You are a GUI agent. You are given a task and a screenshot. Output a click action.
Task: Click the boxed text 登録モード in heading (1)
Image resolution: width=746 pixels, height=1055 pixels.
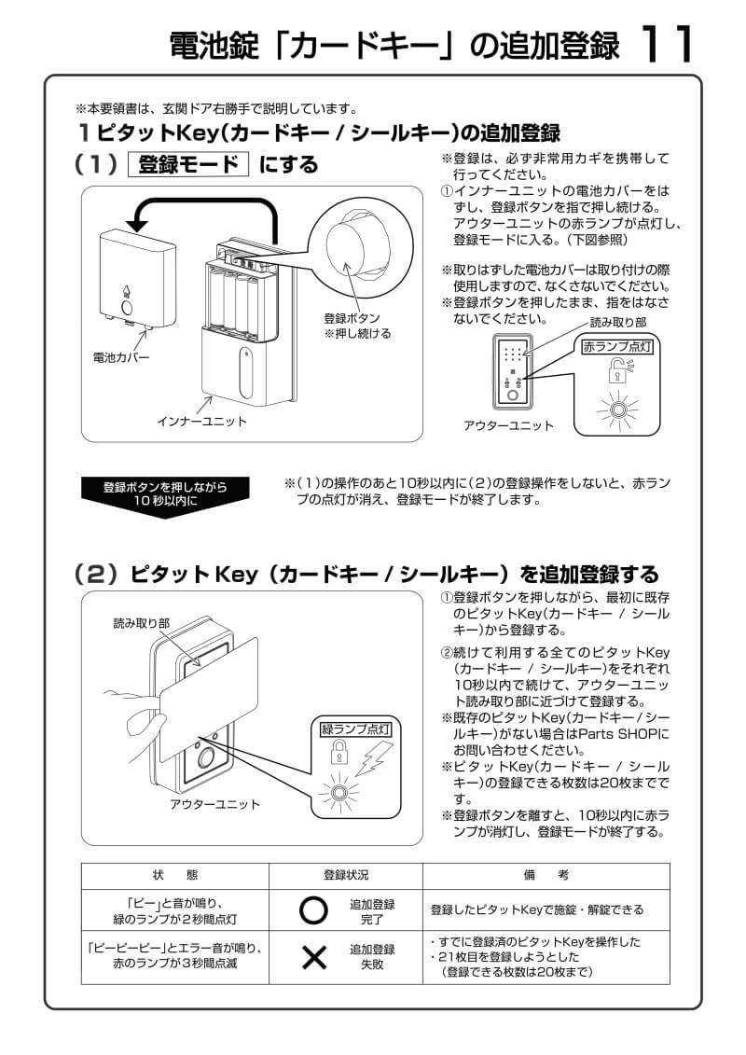(x=188, y=165)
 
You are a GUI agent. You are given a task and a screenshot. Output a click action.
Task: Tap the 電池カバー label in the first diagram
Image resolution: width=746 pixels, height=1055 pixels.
(x=120, y=357)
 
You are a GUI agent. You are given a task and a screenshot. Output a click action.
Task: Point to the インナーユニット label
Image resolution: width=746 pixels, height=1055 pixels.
(x=201, y=422)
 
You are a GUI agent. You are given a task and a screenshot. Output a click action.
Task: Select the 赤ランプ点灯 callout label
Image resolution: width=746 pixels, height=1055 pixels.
(x=616, y=346)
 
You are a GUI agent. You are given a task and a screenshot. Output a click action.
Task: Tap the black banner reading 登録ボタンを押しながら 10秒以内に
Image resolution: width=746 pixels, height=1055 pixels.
(x=164, y=493)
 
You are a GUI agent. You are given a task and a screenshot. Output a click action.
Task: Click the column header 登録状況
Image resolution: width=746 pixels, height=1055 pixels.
(x=346, y=875)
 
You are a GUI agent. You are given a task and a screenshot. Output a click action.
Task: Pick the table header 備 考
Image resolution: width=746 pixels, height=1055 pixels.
(x=546, y=875)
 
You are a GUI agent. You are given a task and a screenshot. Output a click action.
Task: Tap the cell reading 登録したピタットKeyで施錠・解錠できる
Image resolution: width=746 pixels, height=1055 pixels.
(x=536, y=909)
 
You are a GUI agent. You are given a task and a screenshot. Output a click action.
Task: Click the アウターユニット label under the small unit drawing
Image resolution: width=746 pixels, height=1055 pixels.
(x=508, y=425)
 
